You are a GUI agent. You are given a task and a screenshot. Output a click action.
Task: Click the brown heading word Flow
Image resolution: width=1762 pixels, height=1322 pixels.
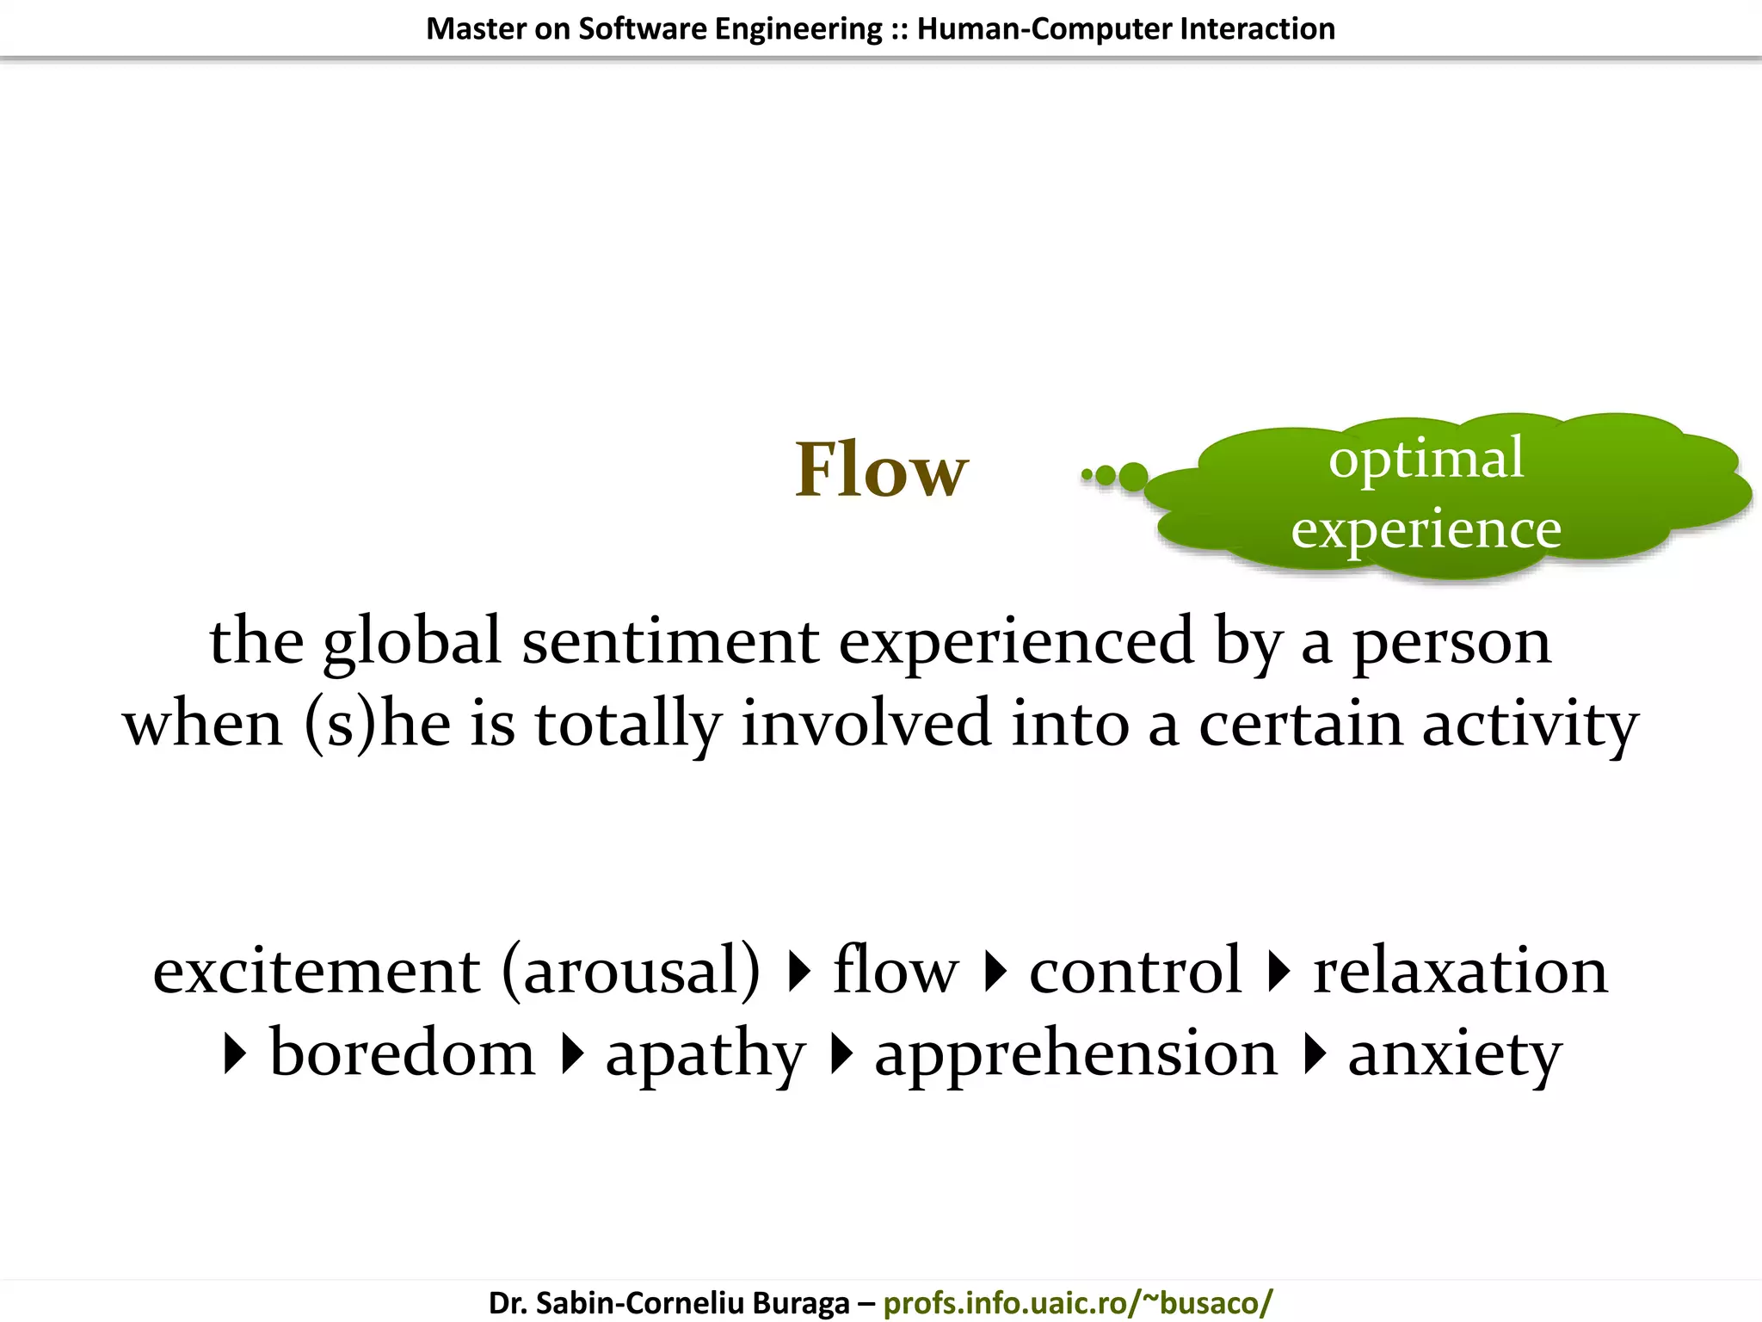coord(881,470)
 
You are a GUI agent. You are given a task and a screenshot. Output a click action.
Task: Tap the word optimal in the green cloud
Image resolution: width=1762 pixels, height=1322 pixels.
coord(1426,460)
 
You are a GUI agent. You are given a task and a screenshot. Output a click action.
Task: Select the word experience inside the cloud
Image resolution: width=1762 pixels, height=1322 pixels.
coord(1426,529)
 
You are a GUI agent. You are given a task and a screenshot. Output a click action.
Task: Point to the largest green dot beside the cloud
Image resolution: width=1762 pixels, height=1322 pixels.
coord(1133,476)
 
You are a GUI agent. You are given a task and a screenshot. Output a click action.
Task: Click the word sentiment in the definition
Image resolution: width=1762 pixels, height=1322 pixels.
coord(670,641)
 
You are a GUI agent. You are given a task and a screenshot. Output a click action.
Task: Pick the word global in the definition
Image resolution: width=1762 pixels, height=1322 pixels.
coord(412,641)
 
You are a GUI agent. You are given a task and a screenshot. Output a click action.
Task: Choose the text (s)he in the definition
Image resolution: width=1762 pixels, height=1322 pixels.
coord(377,724)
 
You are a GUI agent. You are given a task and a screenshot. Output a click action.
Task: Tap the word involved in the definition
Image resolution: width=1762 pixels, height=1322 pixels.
coord(865,724)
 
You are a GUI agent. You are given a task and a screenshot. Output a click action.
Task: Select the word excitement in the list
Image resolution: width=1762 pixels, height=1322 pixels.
coord(316,971)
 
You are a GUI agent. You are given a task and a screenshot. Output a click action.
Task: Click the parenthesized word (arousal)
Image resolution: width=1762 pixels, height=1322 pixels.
coord(631,971)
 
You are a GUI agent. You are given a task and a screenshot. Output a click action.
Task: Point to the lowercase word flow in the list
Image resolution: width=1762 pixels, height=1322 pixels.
coord(895,971)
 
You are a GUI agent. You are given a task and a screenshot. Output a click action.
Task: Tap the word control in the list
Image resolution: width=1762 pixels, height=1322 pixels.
coord(1136,971)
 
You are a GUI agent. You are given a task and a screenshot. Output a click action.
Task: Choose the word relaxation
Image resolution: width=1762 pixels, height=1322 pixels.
coord(1460,971)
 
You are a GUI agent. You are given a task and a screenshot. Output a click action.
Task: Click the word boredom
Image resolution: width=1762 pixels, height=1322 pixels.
coord(402,1053)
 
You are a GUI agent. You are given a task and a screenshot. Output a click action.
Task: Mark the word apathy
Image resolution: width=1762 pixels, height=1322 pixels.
coord(705,1054)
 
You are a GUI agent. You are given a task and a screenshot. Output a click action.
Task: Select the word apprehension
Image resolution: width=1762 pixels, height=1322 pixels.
coord(1075,1054)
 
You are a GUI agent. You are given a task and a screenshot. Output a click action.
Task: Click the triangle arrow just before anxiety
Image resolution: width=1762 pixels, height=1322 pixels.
coord(1314,1054)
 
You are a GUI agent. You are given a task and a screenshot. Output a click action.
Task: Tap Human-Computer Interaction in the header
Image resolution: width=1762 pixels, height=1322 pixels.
coord(1125,29)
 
